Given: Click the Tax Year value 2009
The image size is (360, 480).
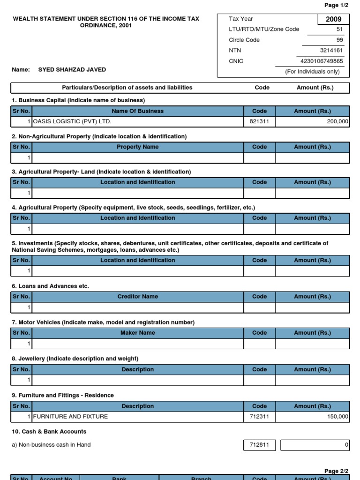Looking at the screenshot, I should pyautogui.click(x=334, y=19).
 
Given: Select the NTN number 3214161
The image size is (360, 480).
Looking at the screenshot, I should pyautogui.click(x=331, y=51).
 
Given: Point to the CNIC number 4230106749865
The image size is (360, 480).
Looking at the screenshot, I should pyautogui.click(x=322, y=61).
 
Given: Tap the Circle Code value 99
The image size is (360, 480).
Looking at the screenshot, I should pyautogui.click(x=340, y=40).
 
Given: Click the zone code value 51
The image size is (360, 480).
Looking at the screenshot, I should pyautogui.click(x=340, y=29).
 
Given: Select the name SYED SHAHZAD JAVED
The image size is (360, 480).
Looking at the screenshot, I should pyautogui.click(x=72, y=69).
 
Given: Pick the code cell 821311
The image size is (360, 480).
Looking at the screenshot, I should pyautogui.click(x=259, y=121).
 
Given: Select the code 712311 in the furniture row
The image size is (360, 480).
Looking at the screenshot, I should pyautogui.click(x=259, y=416).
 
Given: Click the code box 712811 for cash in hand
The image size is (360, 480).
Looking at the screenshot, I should pyautogui.click(x=259, y=445).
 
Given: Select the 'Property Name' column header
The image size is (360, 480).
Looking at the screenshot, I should pyautogui.click(x=137, y=147).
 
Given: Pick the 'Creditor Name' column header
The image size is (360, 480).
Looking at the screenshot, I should pyautogui.click(x=137, y=296).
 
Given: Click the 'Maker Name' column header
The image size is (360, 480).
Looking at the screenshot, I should pyautogui.click(x=137, y=333).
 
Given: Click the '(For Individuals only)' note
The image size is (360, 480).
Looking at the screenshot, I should pyautogui.click(x=312, y=72).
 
